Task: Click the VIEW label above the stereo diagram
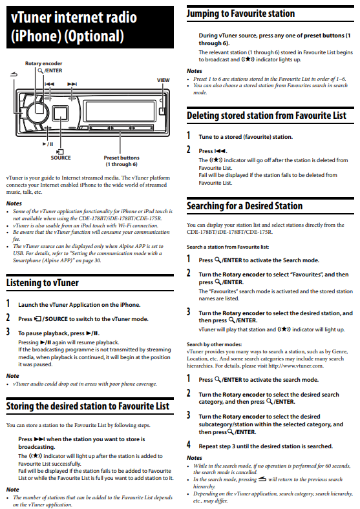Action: pos(163,80)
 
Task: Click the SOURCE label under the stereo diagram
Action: pos(61,158)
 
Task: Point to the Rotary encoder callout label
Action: pos(43,63)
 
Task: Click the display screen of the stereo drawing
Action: pos(120,111)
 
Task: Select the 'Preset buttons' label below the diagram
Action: pos(122,158)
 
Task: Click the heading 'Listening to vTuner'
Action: pos(43,283)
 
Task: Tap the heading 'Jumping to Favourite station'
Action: pos(241,14)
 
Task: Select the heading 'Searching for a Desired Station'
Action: pos(245,206)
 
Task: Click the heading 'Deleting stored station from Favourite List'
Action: pos(267,115)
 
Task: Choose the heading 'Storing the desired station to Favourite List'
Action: pos(88,406)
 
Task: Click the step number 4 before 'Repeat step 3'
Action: pos(189,444)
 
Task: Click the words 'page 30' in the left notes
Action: pos(92,260)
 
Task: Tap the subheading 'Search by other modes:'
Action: pos(215,344)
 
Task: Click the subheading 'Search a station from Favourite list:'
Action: pos(228,247)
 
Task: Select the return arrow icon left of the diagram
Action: pos(14,75)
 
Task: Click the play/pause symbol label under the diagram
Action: pos(48,144)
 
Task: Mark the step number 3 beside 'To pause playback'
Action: pos(8,331)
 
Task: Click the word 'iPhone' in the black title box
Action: pos(36,36)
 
